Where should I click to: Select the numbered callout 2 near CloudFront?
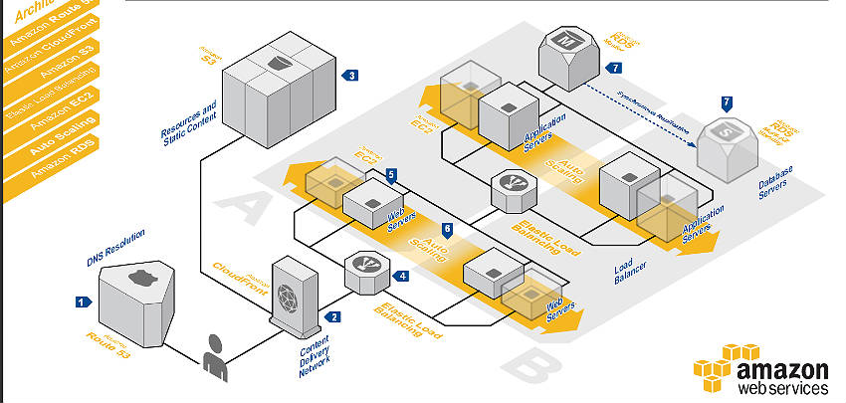click(x=334, y=316)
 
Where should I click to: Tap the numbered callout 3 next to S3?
click(x=350, y=75)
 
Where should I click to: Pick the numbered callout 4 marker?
click(x=402, y=276)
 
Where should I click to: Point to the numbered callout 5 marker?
click(x=392, y=174)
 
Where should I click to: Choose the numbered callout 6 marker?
click(x=447, y=229)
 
